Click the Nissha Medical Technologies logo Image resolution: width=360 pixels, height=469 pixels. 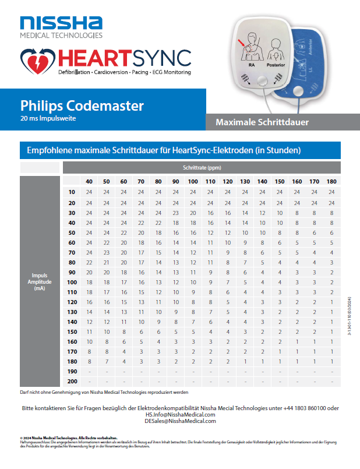click(61, 27)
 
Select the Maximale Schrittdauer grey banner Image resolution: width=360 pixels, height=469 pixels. click(262, 122)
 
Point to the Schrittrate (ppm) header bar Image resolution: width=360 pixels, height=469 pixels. click(201, 168)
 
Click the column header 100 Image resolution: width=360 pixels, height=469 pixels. click(193, 182)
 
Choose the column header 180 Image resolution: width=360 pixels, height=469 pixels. click(331, 182)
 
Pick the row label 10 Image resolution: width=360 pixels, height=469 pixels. click(72, 192)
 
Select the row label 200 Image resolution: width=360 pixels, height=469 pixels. click(72, 381)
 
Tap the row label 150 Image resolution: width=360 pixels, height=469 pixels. click(72, 332)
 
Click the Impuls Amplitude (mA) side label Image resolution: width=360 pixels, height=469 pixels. click(40, 281)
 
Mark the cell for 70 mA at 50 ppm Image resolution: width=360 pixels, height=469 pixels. click(107, 252)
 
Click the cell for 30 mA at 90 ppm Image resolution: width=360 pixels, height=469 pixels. click(175, 213)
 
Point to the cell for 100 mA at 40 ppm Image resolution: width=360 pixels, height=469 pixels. click(89, 282)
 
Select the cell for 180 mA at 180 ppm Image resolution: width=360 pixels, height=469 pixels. click(331, 361)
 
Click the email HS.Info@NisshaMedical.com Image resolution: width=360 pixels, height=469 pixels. click(181, 415)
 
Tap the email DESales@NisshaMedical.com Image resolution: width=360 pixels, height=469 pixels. click(181, 421)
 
